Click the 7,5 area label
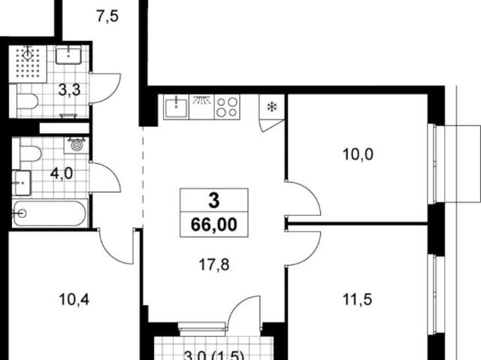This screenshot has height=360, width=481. coord(107,17)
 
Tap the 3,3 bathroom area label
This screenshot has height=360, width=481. coord(70,90)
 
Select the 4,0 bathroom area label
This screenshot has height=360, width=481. coord(62,174)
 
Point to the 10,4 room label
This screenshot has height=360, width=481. coord(74,299)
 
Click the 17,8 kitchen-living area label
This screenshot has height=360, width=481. coord(214,265)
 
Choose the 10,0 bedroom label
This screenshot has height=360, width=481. coord(358,154)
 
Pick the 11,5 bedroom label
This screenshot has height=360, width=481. coord(358,299)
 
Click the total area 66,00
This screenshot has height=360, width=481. coord(214,225)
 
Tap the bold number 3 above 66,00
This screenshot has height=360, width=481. coord(213,201)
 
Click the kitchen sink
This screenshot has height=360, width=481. coord(176,107)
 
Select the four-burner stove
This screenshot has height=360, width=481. coord(227,107)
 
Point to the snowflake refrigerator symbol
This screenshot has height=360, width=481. coord(272,107)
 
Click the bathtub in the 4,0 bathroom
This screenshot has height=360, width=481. coord(50,213)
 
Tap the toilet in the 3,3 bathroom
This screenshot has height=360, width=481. coord(27,101)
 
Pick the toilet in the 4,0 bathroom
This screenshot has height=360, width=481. coord(30,153)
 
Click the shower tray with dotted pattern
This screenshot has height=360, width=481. coord(28,64)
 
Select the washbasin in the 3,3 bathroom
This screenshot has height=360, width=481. coord(68,55)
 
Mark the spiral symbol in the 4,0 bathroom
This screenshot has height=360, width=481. coord(77,145)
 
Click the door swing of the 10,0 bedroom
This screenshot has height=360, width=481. coord(303,198)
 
